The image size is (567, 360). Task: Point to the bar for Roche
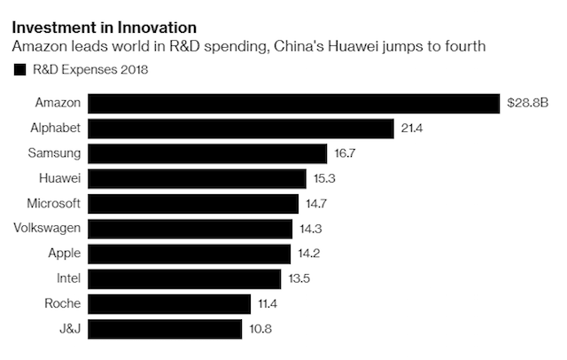click(x=169, y=304)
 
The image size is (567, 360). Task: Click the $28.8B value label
click(x=528, y=104)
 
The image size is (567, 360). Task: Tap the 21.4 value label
click(x=409, y=129)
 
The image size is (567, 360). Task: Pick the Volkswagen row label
click(x=49, y=229)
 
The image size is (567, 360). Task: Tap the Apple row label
click(x=65, y=254)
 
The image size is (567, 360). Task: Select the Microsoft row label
click(x=54, y=204)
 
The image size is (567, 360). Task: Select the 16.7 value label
click(x=344, y=154)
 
